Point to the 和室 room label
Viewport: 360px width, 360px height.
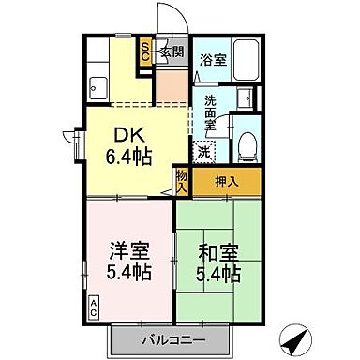(x=217, y=253)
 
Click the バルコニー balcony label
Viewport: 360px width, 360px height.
(x=172, y=337)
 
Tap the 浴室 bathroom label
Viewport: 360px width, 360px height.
(x=213, y=61)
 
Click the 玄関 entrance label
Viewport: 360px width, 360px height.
(x=171, y=52)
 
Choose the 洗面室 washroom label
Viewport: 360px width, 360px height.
(x=211, y=111)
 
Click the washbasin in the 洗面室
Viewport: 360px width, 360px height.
(x=246, y=98)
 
